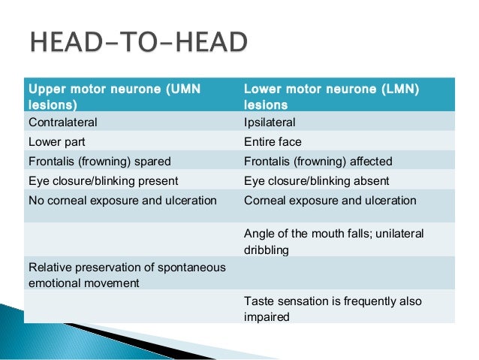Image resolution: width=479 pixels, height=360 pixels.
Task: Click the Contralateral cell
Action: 63,122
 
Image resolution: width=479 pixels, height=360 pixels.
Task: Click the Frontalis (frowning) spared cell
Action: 99,161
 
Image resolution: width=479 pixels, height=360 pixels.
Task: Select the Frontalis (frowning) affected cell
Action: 318,161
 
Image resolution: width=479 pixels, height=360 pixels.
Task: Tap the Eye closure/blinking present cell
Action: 103,180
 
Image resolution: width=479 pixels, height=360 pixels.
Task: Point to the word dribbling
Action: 267,250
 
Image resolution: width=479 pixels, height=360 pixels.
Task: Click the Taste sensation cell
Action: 333,309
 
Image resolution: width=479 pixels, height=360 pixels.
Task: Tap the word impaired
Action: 267,317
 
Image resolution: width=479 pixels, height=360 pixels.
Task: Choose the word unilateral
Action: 402,234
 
